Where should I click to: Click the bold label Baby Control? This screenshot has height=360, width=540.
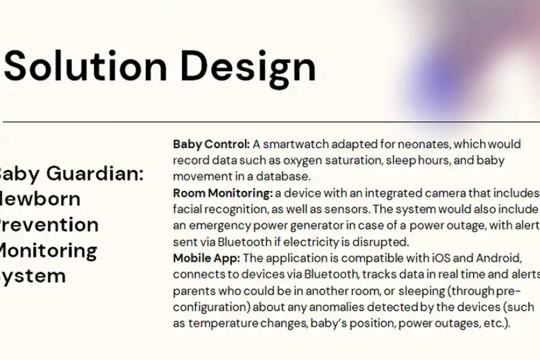[211, 145]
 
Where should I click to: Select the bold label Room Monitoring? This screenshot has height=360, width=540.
[223, 193]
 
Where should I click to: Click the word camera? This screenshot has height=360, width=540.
[429, 193]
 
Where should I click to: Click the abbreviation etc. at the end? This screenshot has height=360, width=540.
[493, 323]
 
